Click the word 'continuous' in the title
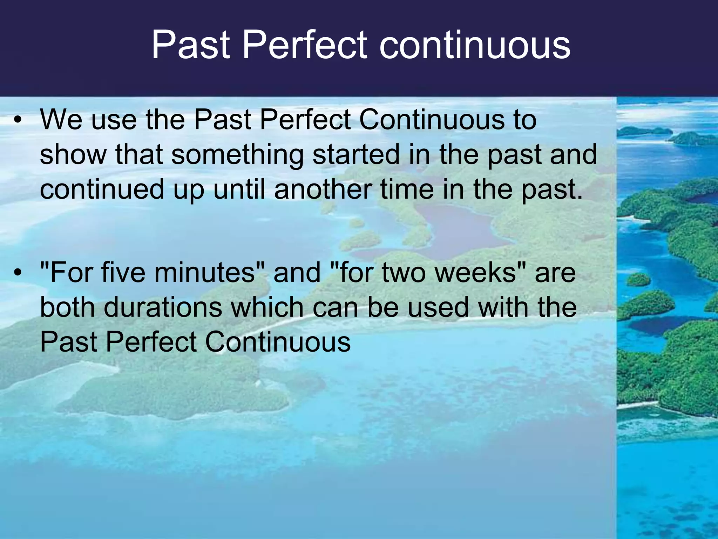(475, 45)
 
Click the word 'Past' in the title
(191, 45)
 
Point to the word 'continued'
(102, 189)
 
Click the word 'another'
(323, 189)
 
